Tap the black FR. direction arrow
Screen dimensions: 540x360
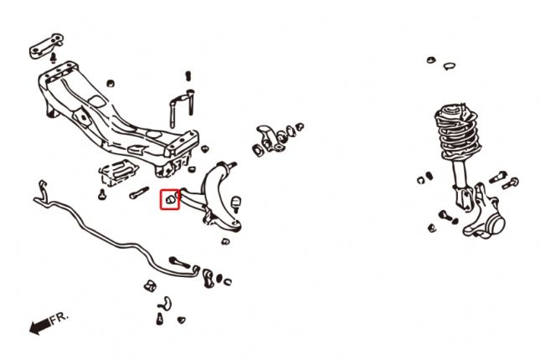pos(40,326)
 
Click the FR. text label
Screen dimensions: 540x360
pos(59,318)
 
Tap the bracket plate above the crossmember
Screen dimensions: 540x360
pos(46,45)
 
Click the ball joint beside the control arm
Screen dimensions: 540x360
pos(236,203)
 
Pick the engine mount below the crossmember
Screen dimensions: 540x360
pos(118,172)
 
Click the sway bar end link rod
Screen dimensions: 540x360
pos(179,262)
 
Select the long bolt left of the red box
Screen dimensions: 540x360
pos(139,193)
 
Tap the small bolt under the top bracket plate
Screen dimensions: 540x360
pos(53,58)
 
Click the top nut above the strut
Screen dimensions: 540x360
pos(431,60)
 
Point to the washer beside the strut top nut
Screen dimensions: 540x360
pos(449,66)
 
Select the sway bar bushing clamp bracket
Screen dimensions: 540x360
pos(208,278)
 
